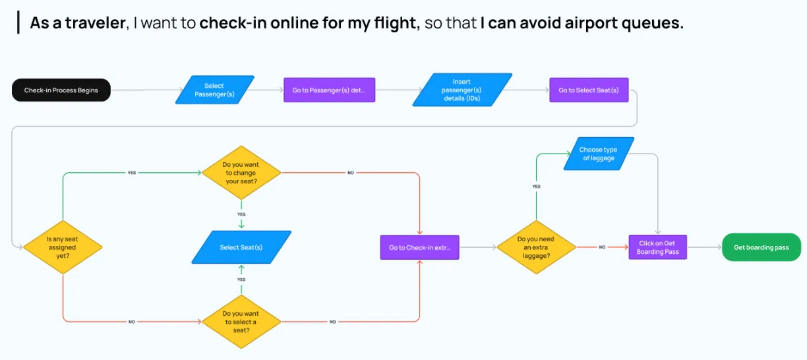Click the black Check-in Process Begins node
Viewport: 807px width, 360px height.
(61, 90)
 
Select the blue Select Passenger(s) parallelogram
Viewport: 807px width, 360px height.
(214, 90)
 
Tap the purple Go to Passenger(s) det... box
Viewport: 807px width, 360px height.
(329, 90)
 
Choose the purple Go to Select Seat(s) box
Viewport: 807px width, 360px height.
(589, 90)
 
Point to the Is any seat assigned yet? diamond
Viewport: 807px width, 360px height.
(63, 247)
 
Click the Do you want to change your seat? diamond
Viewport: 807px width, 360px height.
(241, 173)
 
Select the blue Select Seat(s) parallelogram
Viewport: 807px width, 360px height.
(241, 247)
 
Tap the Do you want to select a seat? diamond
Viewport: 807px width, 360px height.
(241, 322)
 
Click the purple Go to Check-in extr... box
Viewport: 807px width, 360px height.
(419, 247)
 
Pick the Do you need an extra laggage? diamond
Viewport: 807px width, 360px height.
(536, 247)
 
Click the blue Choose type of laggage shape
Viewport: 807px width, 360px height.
(599, 154)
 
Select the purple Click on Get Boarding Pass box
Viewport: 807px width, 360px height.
(657, 247)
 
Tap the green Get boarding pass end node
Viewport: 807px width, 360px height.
(762, 247)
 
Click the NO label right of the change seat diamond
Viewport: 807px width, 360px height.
(350, 173)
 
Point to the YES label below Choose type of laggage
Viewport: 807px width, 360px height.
(536, 187)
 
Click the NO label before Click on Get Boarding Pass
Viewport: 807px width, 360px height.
(602, 247)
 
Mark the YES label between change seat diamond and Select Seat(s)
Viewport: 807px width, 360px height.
(241, 214)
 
